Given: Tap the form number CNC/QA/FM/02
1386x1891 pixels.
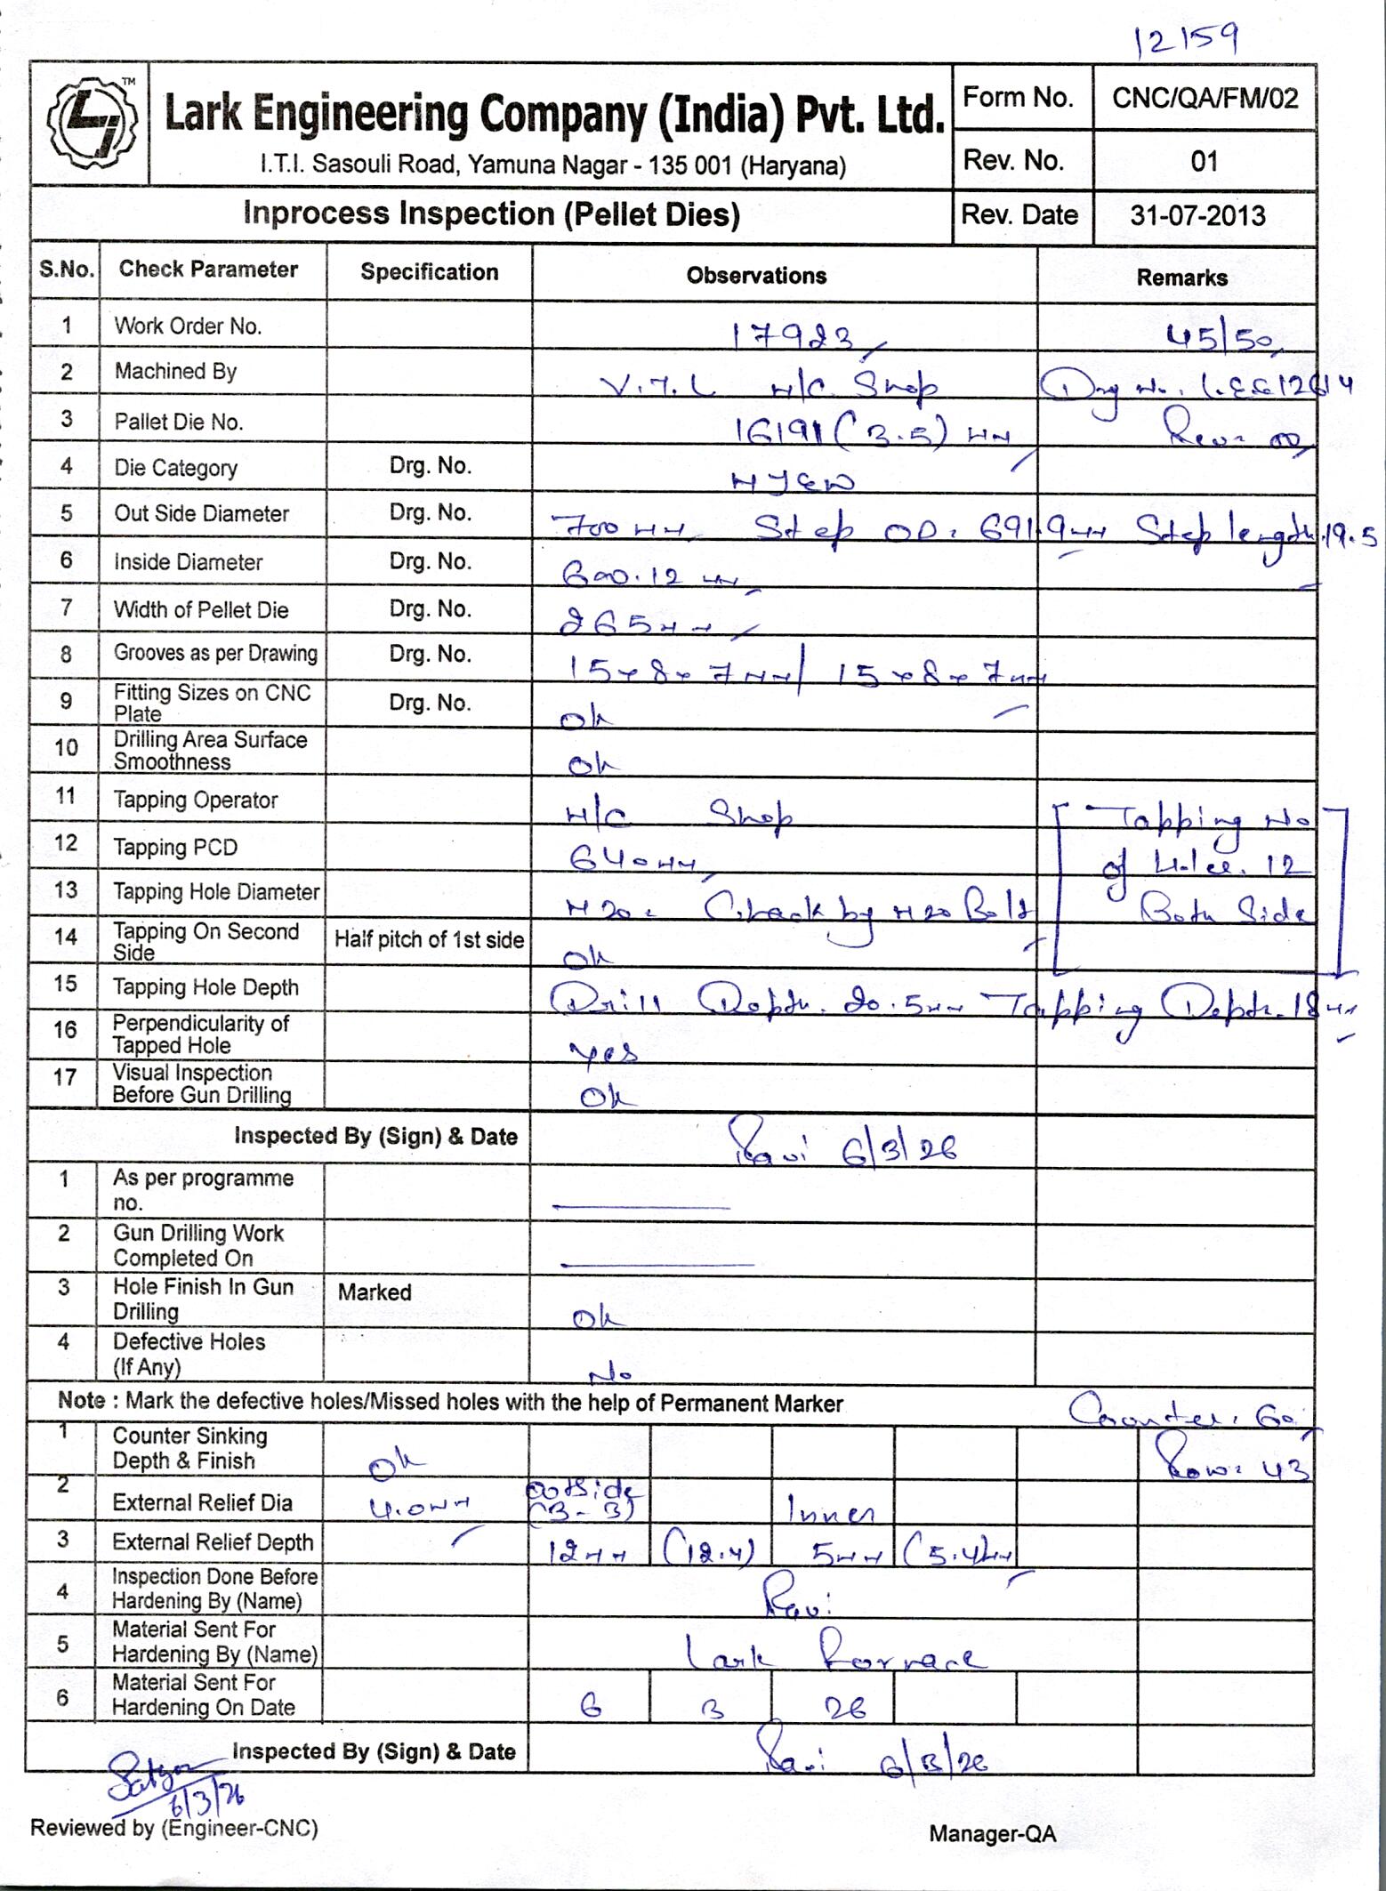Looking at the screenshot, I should coord(1205,98).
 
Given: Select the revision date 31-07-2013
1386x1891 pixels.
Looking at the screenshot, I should coord(1197,215).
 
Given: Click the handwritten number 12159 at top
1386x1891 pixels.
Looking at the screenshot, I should coord(1186,40).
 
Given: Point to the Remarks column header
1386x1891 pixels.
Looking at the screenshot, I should coord(1181,278).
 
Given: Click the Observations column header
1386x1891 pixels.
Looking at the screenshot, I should coord(756,276).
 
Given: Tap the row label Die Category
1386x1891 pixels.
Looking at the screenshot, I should coord(175,468).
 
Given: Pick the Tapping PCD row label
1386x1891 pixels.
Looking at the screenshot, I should coord(175,848).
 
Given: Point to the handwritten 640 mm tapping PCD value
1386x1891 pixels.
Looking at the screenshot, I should coord(632,858).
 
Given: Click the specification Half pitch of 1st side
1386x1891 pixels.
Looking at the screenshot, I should coord(429,940).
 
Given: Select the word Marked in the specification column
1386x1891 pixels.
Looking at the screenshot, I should coord(375,1292).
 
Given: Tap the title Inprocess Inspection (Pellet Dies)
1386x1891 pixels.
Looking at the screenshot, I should coord(491,214).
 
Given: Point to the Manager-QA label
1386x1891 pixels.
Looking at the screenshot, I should coord(993,1833).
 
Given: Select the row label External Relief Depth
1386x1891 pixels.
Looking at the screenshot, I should coord(213,1542).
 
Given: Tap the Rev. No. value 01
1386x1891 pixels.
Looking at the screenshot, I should coord(1204,161).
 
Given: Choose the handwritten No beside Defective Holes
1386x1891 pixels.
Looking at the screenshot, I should coord(611,1374).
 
